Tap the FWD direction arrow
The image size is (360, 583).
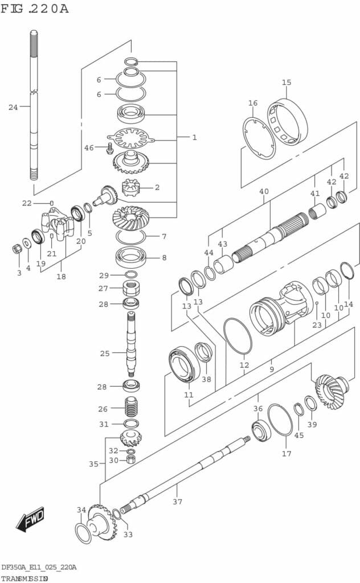pyautogui.click(x=30, y=519)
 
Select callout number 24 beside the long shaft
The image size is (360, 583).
pyautogui.click(x=13, y=107)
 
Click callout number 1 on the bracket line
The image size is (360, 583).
pyautogui.click(x=194, y=137)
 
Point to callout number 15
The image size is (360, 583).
pyautogui.click(x=287, y=83)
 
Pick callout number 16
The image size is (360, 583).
pyautogui.click(x=253, y=103)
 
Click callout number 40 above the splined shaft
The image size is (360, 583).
pyautogui.click(x=264, y=191)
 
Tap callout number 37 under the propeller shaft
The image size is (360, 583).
pyautogui.click(x=177, y=502)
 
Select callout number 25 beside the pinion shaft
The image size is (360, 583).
pyautogui.click(x=105, y=354)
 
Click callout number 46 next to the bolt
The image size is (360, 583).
pyautogui.click(x=89, y=148)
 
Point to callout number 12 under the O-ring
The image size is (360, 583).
pyautogui.click(x=244, y=365)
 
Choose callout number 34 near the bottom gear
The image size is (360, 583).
pyautogui.click(x=81, y=510)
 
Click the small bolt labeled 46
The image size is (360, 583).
pyautogui.click(x=108, y=150)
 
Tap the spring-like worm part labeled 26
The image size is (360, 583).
pyautogui.click(x=132, y=408)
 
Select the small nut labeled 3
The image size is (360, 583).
pyautogui.click(x=18, y=249)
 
